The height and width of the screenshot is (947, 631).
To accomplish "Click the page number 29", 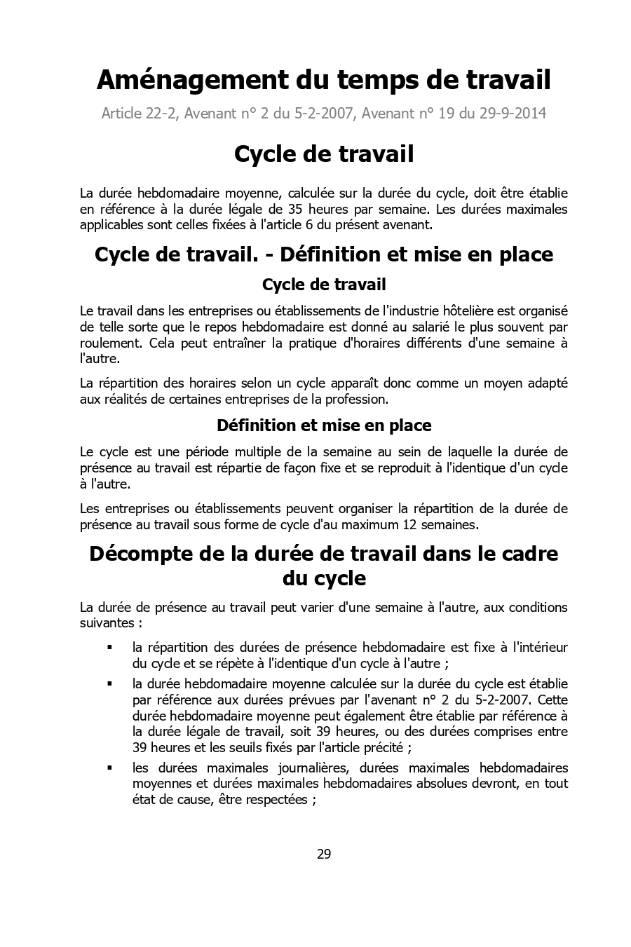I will point(323,854).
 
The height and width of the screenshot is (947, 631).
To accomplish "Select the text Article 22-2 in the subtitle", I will point(139,113).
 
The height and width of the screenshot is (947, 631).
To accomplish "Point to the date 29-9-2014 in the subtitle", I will point(513,113).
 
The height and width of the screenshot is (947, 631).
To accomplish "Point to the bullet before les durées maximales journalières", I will point(109,768).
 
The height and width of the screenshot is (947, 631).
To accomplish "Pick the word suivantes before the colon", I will point(107,622).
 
